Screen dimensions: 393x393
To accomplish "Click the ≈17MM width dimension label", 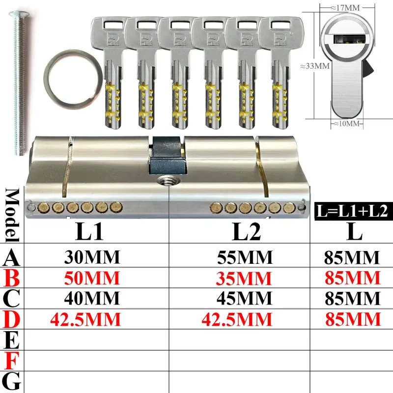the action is point(345,8).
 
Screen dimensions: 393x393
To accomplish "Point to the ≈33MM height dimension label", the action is point(315,66).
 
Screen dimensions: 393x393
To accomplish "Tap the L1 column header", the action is point(89,231).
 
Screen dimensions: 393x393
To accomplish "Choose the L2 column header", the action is point(246,231).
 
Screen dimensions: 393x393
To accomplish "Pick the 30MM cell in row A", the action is point(92,257).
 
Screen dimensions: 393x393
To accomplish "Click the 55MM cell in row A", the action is point(245,257).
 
